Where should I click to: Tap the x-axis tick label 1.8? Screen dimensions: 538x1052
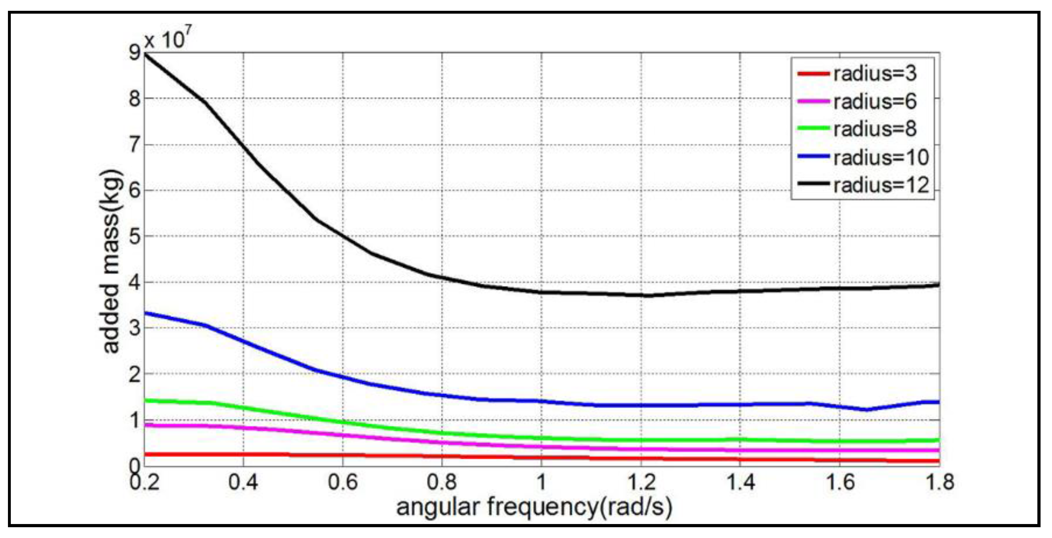pos(939,482)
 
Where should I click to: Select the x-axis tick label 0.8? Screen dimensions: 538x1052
pos(442,482)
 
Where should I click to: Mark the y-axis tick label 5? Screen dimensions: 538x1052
pos(134,237)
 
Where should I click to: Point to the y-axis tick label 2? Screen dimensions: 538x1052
pos(134,374)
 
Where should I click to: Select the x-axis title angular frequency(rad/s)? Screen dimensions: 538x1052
pos(534,507)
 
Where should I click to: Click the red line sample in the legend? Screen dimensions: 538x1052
pos(814,74)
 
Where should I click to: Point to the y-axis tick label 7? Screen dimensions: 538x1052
pos(134,145)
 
